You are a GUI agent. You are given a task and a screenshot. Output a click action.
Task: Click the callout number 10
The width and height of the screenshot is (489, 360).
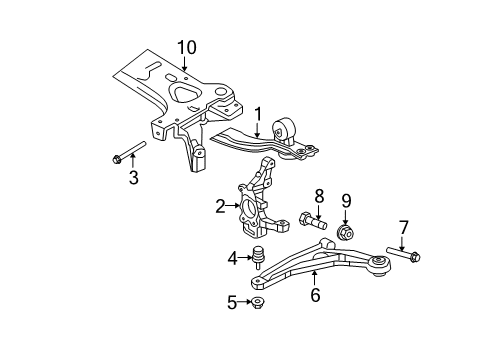tap(187, 47)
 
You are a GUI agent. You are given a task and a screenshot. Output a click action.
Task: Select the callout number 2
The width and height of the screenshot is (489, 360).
tap(220, 207)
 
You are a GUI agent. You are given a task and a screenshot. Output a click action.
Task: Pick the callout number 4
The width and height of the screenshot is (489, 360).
tap(232, 257)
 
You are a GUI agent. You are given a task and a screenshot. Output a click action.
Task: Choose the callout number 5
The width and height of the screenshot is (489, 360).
tap(233, 302)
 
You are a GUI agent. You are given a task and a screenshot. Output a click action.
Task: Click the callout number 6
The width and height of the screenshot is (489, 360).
tap(315, 294)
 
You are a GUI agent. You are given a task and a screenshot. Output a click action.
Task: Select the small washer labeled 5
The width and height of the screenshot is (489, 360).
tap(258, 302)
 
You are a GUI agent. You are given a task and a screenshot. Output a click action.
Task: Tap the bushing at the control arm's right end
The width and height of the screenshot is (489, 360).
tap(378, 267)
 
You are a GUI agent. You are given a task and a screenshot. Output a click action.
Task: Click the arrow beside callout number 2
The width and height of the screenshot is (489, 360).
tap(234, 207)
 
